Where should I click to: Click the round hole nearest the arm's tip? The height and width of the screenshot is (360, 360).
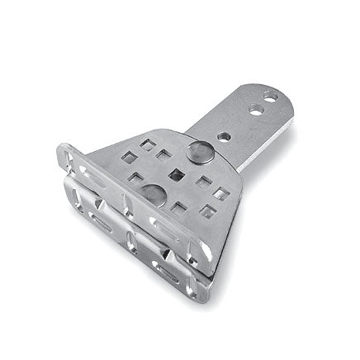pyautogui.click(x=270, y=97)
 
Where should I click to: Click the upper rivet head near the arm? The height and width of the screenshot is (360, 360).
pyautogui.click(x=198, y=153)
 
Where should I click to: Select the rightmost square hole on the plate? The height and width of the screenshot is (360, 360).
pyautogui.click(x=222, y=194)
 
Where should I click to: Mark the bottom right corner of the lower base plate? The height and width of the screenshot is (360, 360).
pyautogui.click(x=203, y=299)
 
